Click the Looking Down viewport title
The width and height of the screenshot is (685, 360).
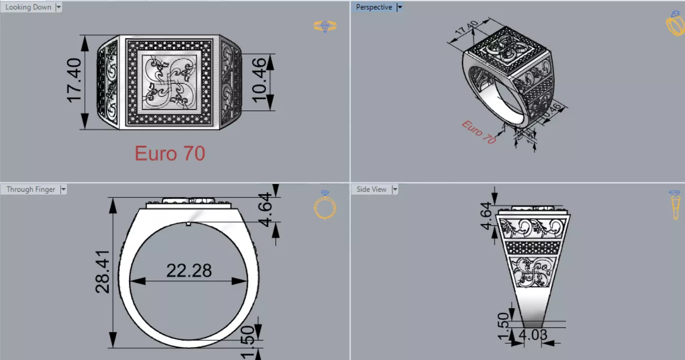point(28,7)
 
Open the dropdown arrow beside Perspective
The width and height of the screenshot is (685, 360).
point(400,7)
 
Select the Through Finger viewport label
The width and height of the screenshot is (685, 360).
point(31,189)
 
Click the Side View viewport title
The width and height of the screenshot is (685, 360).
point(371,189)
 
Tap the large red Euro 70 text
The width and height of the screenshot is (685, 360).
point(170,153)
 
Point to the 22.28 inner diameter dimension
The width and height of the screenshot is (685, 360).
point(189,271)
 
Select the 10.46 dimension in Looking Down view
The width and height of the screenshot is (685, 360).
point(259,80)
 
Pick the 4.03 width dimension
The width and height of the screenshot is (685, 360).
point(533,335)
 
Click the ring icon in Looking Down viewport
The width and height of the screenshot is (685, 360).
point(325,26)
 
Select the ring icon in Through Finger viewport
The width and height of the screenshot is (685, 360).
point(325,204)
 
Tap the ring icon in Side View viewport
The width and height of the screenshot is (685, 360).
point(674,205)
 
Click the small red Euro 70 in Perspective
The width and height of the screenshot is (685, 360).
point(478,132)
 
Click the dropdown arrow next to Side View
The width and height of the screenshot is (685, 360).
point(395,189)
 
